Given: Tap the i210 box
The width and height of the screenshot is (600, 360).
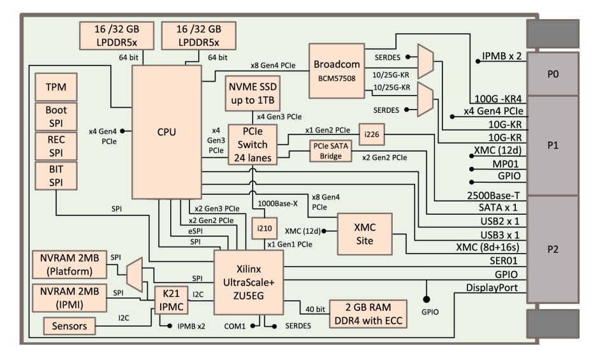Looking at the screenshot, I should [x=263, y=227].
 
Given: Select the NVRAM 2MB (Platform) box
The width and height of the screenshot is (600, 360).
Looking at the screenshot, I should [x=68, y=264].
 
